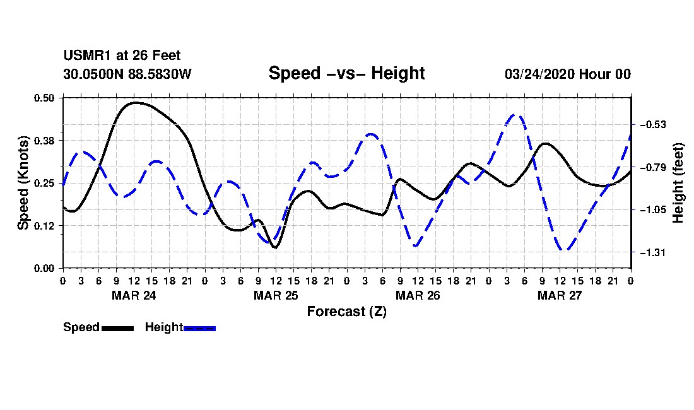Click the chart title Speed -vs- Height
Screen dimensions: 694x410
click(x=346, y=73)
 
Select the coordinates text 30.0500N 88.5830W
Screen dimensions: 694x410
click(x=127, y=74)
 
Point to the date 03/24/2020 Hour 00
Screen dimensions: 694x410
click(x=568, y=74)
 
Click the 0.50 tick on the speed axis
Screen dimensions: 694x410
click(x=44, y=98)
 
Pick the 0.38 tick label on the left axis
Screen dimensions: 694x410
click(x=44, y=141)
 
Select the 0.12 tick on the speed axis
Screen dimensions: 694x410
click(x=44, y=226)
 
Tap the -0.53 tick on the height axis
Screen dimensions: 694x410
click(x=653, y=125)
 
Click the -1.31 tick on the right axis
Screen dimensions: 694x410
click(x=653, y=252)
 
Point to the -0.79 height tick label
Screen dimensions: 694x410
click(x=653, y=167)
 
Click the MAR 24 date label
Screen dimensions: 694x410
click(x=134, y=295)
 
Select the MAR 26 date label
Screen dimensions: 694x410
click(x=418, y=295)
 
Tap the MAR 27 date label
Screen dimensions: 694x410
click(x=560, y=295)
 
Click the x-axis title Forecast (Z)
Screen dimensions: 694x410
click(x=347, y=312)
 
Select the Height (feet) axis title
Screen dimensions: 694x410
click(x=678, y=183)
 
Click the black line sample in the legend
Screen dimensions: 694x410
click(x=118, y=328)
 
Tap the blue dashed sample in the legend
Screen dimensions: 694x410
click(x=199, y=328)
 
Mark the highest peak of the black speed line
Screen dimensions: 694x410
click(x=135, y=103)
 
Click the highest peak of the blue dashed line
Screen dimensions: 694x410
click(x=514, y=115)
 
